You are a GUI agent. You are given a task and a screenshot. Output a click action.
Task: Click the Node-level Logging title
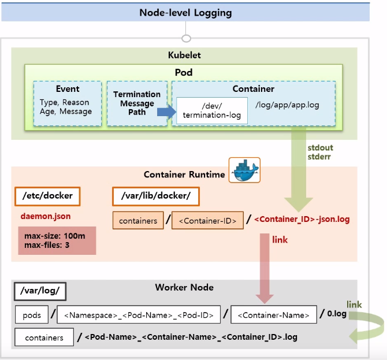tap(185, 12)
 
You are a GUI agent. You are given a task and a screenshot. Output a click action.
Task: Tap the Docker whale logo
tap(244, 170)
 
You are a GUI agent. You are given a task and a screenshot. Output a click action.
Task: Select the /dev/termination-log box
tap(212, 110)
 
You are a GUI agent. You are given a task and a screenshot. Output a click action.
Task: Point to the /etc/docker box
tap(47, 196)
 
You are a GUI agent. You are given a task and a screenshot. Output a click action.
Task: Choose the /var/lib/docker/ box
tap(155, 196)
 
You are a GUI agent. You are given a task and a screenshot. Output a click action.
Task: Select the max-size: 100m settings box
tap(57, 240)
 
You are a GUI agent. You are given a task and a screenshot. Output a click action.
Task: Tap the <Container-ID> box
tap(207, 220)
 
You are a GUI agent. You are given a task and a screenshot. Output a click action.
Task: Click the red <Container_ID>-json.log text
tap(302, 220)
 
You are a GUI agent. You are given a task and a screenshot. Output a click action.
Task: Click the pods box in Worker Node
tap(32, 315)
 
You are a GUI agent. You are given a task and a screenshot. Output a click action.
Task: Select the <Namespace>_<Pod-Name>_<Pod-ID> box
tap(139, 315)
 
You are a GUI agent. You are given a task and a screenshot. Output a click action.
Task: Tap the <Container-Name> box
tap(273, 315)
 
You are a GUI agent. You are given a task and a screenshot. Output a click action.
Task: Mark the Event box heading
tap(68, 89)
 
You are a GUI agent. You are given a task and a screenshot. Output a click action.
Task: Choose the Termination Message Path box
tap(136, 103)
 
